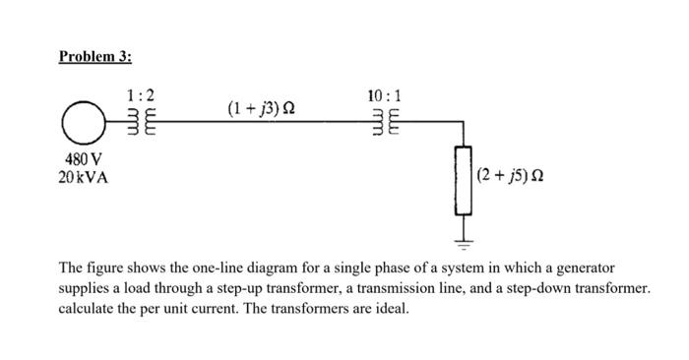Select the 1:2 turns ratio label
click(x=140, y=96)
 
